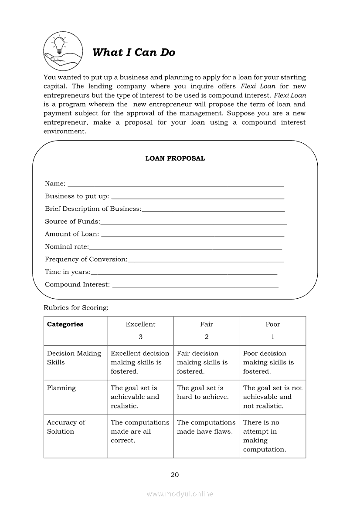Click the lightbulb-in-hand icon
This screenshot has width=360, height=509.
63,51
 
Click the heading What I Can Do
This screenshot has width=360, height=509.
134,53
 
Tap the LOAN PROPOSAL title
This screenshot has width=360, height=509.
175,158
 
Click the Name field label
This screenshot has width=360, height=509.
55,184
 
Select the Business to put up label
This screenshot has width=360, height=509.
77,196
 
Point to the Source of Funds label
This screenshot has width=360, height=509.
72,222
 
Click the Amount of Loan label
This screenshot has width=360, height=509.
72,234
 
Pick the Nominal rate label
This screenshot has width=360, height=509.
67,247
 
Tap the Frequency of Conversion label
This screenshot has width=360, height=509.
86,260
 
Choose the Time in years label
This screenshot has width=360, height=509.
68,272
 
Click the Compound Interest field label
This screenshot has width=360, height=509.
78,285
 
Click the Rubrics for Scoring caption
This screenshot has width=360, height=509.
76,308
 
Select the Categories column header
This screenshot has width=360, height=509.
65,324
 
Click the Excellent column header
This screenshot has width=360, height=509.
140,324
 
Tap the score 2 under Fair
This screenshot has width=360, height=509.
207,337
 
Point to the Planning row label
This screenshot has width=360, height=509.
61,388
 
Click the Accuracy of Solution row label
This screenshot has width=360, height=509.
66,427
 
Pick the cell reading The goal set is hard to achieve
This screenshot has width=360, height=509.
203,392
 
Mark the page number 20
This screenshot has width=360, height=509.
175,475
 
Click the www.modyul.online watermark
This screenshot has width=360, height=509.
180,494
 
